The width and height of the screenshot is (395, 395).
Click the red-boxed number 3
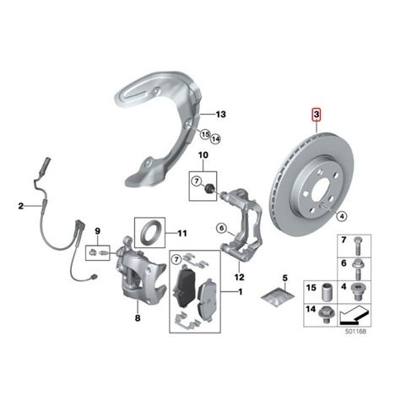coord(317,115)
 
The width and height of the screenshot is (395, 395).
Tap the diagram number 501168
coord(356,332)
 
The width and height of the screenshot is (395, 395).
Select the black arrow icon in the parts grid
coord(354,315)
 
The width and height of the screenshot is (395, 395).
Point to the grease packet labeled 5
coord(278,297)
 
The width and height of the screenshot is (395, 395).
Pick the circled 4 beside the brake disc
coord(342,216)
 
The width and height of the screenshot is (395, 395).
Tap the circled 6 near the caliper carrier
coord(221,228)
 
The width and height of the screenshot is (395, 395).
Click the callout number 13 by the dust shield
coord(221,114)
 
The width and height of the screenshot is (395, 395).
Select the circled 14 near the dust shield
coord(215,138)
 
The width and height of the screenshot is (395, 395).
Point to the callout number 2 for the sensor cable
coord(21,206)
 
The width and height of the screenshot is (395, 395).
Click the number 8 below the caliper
coord(138,318)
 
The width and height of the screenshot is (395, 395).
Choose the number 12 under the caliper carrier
coord(240,277)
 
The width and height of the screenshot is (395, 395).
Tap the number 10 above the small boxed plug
coord(203,155)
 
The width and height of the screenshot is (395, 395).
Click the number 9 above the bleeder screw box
coord(97,231)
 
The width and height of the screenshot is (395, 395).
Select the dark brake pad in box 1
coord(185,286)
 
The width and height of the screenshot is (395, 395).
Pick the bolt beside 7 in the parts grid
coord(357,246)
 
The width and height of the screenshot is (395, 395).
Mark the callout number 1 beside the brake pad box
coord(240,292)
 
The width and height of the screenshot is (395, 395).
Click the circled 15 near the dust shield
coord(205,134)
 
